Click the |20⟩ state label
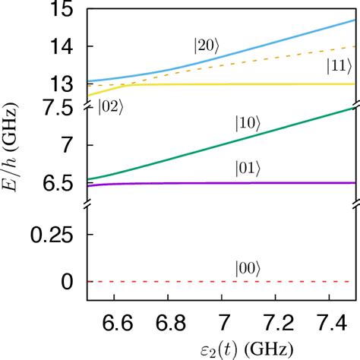tap(205, 45)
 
